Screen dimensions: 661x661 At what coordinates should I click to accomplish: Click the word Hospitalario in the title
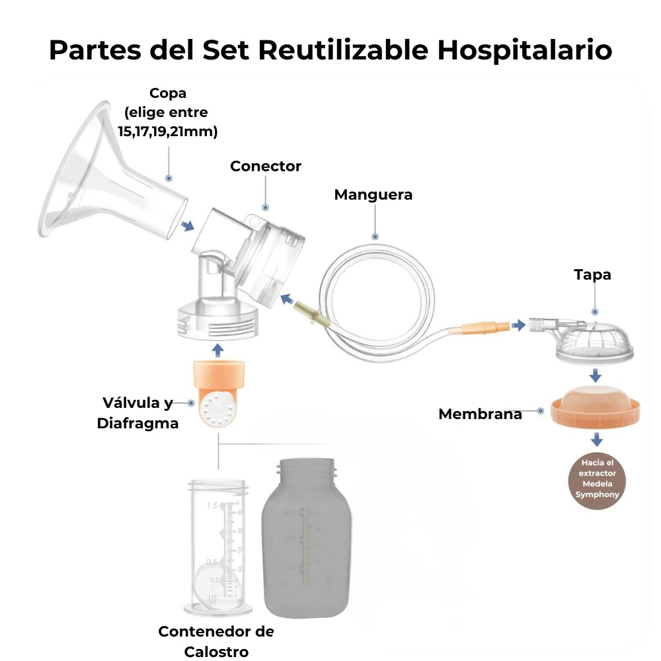pos(525,50)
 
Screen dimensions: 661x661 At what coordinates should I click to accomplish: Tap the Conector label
pos(265,167)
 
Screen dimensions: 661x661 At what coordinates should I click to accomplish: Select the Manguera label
pos(373,195)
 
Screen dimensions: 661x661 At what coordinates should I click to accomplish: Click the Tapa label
pos(592,274)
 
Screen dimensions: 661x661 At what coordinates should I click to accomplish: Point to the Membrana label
pos(480,414)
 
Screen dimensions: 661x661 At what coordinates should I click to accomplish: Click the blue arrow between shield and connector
pos(188,226)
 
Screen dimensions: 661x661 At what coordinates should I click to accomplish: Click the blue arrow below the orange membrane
pos(598,440)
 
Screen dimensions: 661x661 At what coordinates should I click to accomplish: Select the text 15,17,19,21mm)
pos(168,131)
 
